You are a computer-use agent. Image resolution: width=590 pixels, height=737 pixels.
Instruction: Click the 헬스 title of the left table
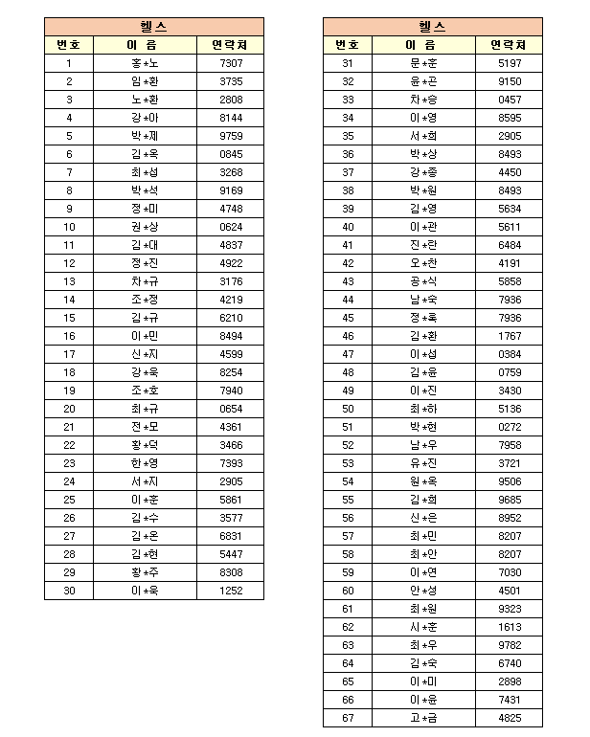(153, 27)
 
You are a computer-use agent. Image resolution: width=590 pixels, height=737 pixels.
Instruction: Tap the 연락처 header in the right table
(508, 45)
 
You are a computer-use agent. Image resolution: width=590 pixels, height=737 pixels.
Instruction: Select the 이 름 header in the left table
(144, 45)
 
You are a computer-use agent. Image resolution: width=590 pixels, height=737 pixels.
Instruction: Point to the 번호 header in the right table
(348, 45)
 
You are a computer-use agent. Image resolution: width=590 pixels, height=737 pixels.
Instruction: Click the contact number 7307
(231, 63)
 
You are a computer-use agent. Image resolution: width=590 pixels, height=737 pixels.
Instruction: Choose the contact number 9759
(231, 136)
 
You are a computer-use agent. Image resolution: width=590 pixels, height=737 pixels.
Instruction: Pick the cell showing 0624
(231, 227)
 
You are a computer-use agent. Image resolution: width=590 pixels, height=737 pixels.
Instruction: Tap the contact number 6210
(231, 318)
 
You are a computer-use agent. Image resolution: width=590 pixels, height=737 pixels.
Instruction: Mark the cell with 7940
(231, 391)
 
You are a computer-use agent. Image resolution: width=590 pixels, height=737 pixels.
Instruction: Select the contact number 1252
(231, 591)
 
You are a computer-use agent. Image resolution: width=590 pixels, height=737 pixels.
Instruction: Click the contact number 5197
(510, 63)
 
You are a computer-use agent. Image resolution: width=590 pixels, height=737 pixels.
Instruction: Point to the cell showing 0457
(510, 100)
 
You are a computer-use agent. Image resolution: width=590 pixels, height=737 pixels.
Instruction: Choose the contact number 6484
(510, 245)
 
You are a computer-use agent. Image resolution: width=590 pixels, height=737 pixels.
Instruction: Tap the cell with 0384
(510, 354)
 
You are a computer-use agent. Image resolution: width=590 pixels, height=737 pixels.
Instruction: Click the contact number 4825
(510, 718)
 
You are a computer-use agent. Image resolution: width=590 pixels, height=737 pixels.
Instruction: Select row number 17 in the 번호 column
(69, 354)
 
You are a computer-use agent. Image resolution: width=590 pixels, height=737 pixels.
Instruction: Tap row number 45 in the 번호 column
(348, 318)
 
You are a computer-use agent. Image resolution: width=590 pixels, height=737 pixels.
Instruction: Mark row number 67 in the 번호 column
(348, 718)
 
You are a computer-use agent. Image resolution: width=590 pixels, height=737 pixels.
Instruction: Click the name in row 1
(144, 63)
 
